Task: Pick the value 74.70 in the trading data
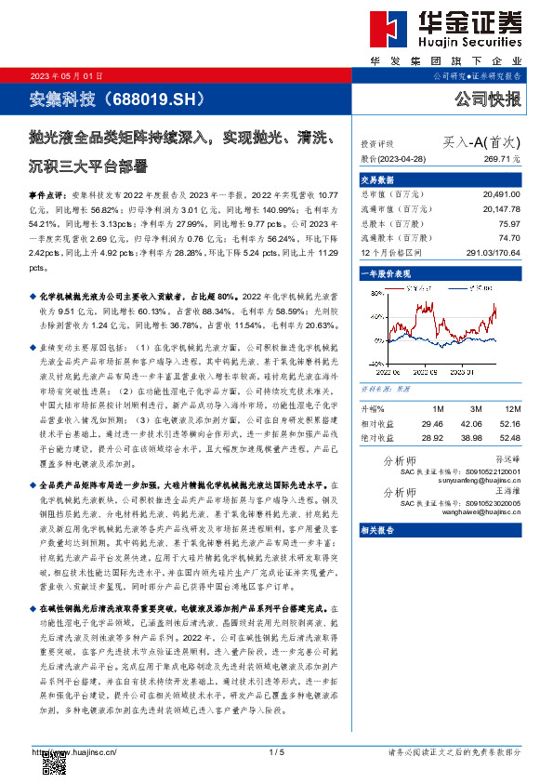[x=507, y=239]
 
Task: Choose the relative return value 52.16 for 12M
[x=509, y=423]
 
